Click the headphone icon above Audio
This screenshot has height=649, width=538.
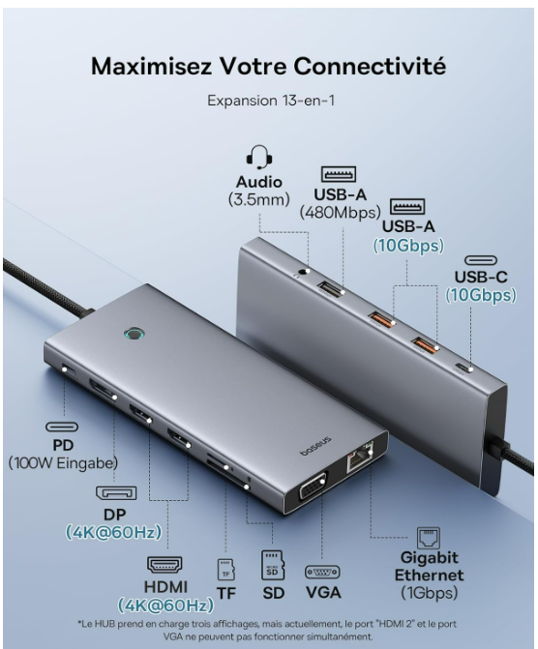[x=258, y=156]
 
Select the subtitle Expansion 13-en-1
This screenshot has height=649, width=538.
[x=268, y=100]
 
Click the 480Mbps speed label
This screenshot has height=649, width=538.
[x=339, y=212]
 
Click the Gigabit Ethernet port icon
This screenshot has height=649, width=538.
[x=429, y=537]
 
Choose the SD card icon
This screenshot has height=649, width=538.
[x=272, y=564]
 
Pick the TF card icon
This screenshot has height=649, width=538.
[x=226, y=569]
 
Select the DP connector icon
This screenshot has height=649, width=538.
[x=115, y=492]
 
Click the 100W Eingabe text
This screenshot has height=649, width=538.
[x=63, y=463]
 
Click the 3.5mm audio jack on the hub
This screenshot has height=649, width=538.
[x=307, y=274]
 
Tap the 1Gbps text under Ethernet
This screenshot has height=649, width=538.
[x=429, y=592]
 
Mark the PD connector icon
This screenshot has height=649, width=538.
[x=63, y=426]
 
